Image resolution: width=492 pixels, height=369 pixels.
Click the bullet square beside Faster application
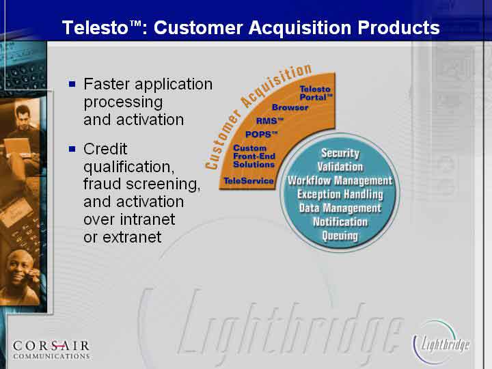click(72, 84)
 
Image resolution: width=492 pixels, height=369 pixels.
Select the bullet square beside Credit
click(72, 148)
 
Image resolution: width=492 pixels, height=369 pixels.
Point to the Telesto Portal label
click(316, 93)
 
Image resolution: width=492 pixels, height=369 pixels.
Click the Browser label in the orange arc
click(290, 107)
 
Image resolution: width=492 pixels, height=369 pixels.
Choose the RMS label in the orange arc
click(269, 121)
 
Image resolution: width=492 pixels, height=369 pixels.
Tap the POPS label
click(261, 135)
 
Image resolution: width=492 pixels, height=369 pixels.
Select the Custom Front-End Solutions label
click(254, 156)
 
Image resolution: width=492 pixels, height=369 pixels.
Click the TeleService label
click(249, 180)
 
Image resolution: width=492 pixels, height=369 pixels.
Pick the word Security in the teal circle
click(340, 153)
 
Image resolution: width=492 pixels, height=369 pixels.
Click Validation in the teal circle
click(340, 167)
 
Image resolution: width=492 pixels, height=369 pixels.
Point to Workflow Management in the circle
click(340, 180)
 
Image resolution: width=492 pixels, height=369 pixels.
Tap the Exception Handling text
click(340, 195)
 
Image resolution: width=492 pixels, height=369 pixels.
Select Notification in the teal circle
click(340, 222)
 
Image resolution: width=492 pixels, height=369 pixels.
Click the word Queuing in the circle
click(340, 236)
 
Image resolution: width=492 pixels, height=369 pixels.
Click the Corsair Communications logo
click(51, 350)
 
